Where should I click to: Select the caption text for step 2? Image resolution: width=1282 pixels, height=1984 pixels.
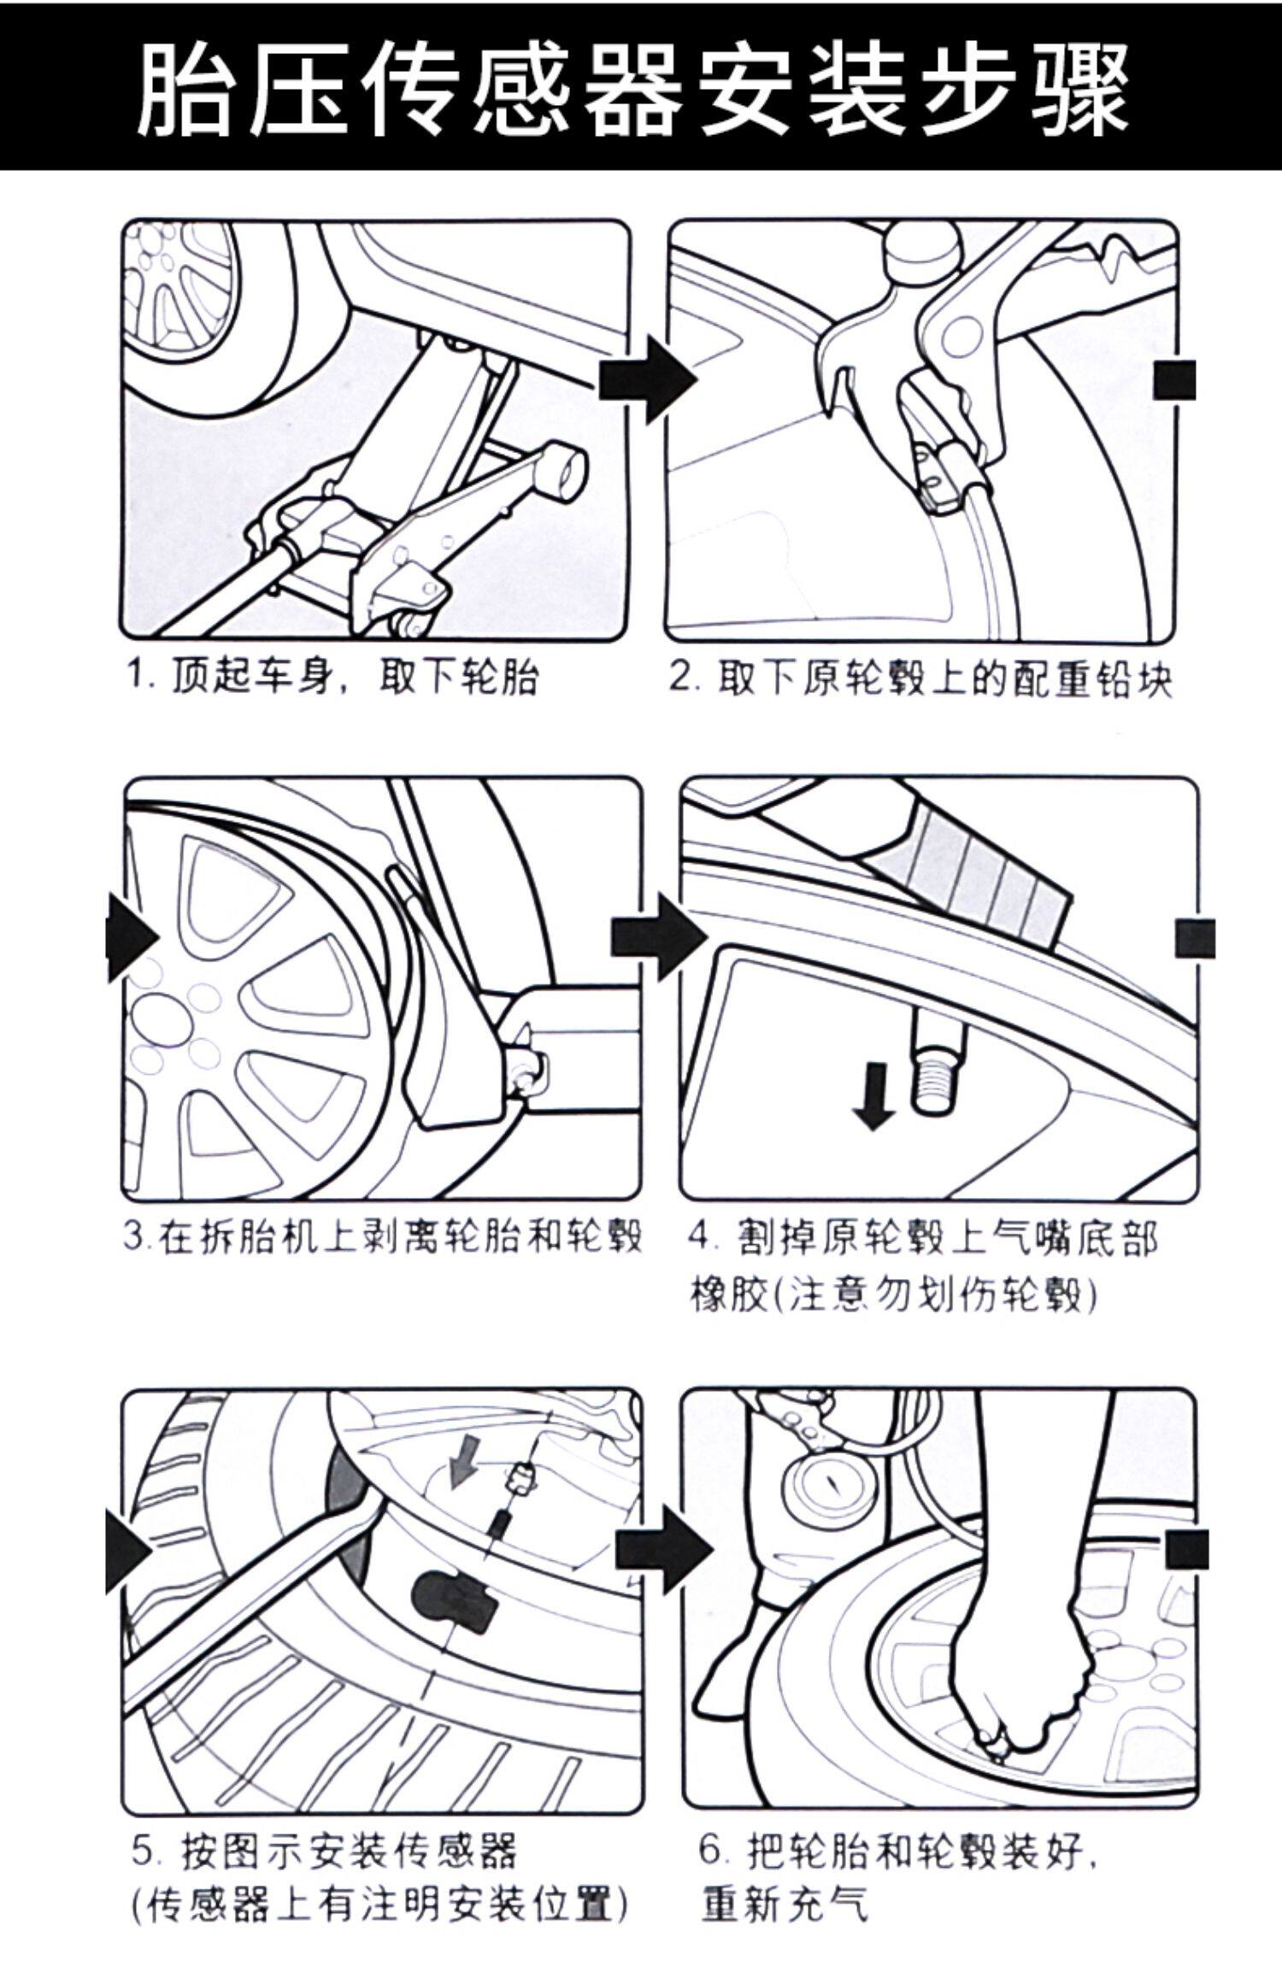click(x=920, y=680)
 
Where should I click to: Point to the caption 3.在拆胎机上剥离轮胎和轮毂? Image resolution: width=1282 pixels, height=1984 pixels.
click(x=382, y=1236)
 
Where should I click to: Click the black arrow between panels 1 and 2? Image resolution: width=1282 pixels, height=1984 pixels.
click(x=647, y=379)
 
